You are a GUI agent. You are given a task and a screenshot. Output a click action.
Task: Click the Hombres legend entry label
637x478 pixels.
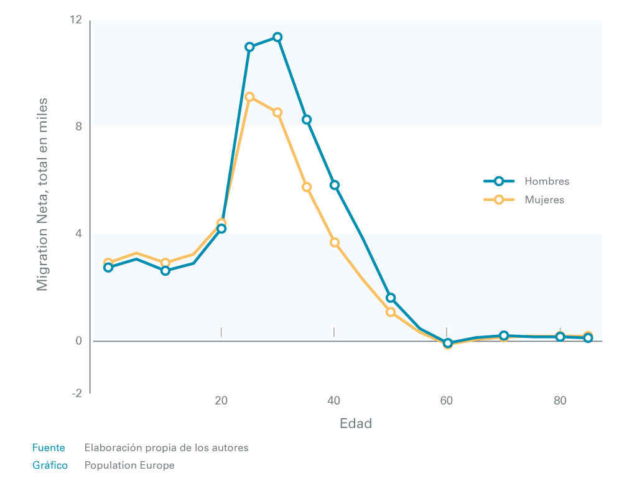point(547,182)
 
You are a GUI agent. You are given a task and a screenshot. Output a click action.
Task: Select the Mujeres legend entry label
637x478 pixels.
point(544,200)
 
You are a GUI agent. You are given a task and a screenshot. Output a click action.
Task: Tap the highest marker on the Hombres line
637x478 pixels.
point(277,37)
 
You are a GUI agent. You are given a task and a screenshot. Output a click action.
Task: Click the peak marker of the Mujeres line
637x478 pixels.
point(249,97)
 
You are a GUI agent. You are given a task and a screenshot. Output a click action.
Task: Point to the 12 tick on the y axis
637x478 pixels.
point(76,20)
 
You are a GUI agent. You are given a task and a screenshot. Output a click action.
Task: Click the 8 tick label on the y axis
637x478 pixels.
point(78,127)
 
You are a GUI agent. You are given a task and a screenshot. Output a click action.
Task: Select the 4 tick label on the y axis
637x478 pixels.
point(78,234)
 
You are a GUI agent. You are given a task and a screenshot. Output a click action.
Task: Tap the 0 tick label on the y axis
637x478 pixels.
point(78,341)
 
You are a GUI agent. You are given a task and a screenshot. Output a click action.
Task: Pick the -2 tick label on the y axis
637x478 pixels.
point(77,393)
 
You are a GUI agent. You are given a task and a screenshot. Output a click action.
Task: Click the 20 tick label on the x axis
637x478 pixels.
point(221,401)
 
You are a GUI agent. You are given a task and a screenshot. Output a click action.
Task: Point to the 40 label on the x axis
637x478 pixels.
point(334,401)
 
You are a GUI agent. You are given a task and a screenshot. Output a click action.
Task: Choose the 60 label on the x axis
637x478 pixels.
point(447,401)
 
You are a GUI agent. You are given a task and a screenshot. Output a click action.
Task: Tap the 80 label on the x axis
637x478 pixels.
point(560,401)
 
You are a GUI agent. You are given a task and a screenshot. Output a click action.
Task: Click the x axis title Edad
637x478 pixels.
point(356,424)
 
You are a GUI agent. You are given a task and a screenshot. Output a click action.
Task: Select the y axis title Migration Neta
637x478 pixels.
point(42,194)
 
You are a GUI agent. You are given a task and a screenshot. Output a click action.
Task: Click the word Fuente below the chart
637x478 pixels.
point(49,448)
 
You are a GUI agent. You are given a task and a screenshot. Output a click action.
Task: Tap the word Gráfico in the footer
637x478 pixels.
point(50,465)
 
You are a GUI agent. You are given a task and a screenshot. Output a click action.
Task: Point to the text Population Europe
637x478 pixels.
point(129,465)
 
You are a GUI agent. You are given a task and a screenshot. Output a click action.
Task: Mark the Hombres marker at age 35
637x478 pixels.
point(307,119)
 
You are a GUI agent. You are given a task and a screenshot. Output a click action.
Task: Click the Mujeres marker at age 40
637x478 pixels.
point(335,242)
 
